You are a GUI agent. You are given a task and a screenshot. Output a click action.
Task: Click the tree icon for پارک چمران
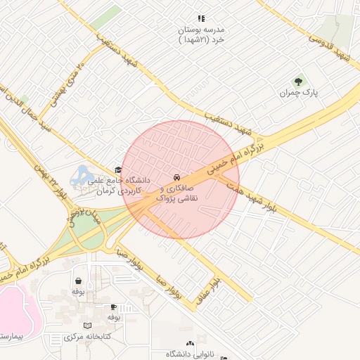click(x=298, y=82)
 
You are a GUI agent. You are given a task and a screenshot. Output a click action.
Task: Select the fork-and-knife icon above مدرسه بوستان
click(x=200, y=19)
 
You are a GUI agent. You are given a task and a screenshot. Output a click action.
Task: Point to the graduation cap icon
click(x=118, y=170)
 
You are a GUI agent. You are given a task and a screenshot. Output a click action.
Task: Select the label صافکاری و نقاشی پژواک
click(x=180, y=195)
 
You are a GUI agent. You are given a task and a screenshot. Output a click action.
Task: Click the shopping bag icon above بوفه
click(x=77, y=280)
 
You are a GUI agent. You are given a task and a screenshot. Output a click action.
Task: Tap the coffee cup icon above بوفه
click(x=114, y=307)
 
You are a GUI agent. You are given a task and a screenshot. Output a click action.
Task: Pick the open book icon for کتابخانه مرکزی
click(x=87, y=326)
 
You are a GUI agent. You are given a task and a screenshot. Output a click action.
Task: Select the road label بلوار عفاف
click(x=214, y=288)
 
